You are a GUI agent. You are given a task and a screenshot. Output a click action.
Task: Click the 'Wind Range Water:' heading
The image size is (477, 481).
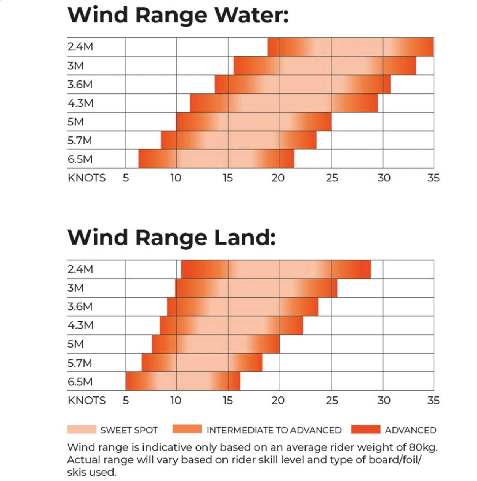point(178,16)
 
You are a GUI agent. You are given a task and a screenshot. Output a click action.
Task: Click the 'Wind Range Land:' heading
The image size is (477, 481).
point(171,238)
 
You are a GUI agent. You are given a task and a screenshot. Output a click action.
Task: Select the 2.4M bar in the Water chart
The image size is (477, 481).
point(351,47)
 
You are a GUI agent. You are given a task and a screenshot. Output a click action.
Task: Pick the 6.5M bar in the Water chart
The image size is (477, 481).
point(216,159)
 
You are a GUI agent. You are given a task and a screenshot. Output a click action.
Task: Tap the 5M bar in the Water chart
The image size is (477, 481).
point(254,122)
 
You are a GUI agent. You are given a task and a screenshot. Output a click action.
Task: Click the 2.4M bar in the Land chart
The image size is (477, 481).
point(276,269)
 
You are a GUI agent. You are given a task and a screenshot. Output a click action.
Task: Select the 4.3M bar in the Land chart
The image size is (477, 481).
point(231,325)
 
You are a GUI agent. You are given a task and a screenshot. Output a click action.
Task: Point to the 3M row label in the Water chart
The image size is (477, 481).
point(75,66)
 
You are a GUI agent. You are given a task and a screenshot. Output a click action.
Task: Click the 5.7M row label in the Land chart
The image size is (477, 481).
point(80,363)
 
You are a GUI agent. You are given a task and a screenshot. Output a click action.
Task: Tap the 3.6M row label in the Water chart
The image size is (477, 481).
point(80,85)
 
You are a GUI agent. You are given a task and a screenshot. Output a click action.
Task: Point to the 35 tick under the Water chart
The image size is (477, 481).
point(434,178)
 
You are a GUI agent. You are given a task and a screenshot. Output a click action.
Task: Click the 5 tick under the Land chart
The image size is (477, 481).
point(126,401)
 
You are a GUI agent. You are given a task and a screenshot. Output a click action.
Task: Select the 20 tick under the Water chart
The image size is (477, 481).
point(278,178)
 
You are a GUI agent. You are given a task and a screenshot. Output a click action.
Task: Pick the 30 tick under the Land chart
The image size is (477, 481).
point(384,401)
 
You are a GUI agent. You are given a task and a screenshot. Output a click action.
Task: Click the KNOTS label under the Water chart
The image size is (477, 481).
point(86,178)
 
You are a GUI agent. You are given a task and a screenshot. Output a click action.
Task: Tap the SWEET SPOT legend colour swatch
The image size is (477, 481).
point(82,430)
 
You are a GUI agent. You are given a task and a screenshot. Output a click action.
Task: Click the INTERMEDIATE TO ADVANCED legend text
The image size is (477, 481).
point(274,430)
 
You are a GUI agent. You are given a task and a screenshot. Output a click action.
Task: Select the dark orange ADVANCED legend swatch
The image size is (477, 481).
point(366,430)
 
